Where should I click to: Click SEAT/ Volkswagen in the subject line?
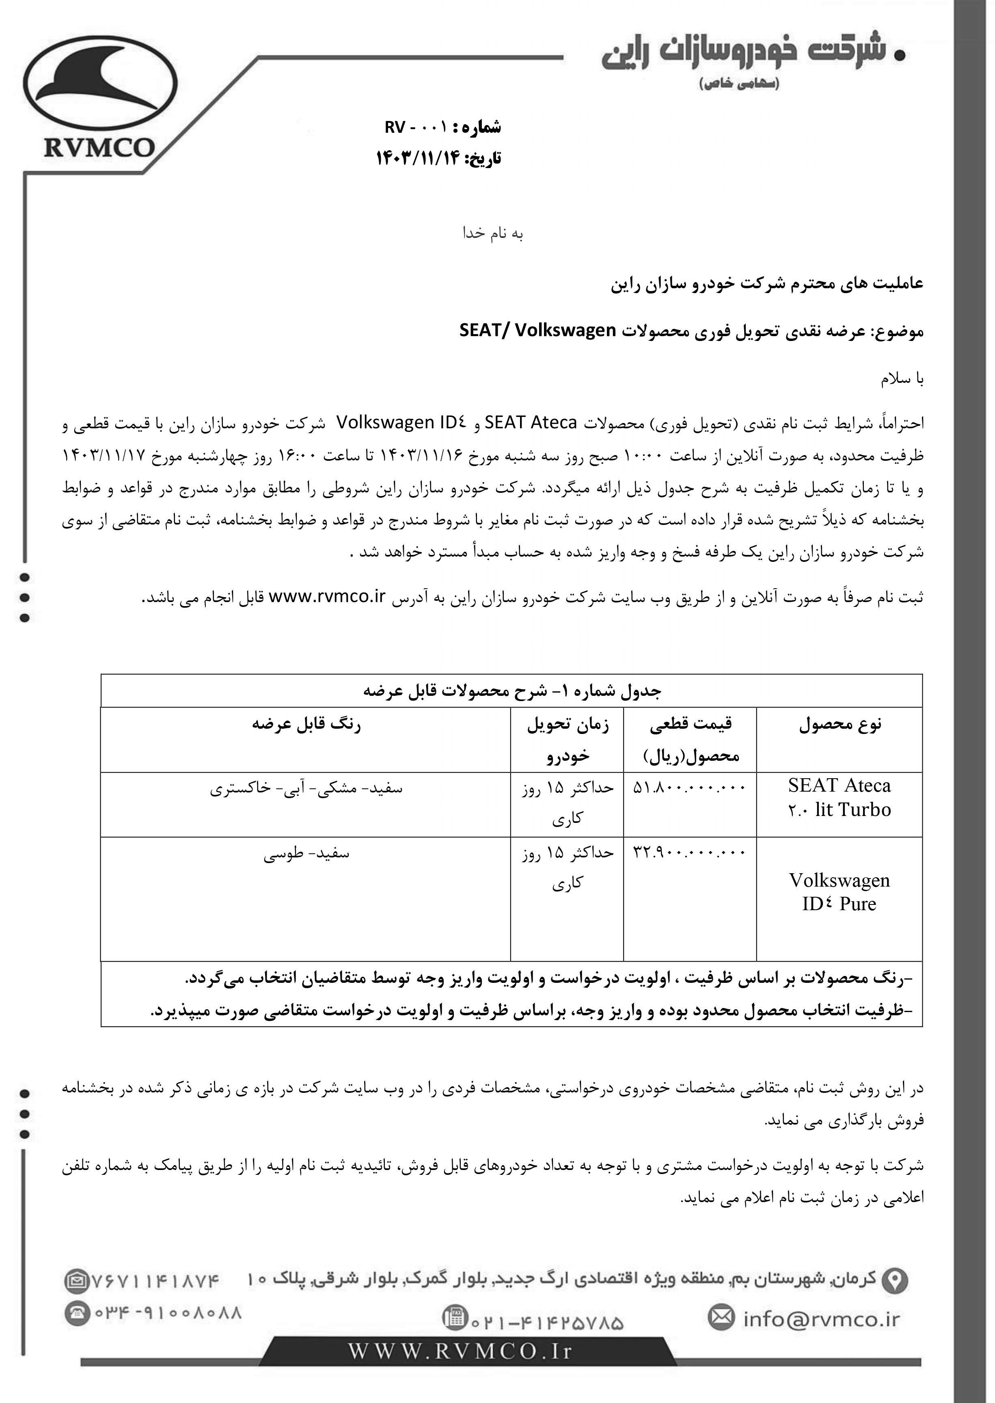(537, 331)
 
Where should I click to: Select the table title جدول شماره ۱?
(512, 691)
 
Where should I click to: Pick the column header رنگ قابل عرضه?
(306, 725)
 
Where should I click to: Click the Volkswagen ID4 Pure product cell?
(840, 892)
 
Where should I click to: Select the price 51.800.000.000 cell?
(690, 787)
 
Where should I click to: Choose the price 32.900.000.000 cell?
(690, 852)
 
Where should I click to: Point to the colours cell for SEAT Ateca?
(306, 788)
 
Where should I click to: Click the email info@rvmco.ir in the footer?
(821, 1319)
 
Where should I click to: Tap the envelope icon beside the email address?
(721, 1317)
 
